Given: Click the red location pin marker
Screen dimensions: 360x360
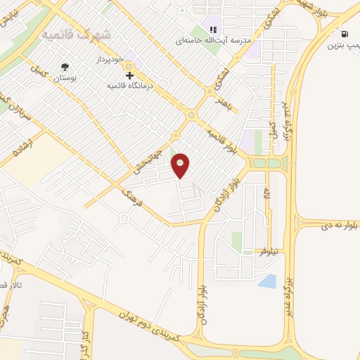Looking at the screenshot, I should [181, 165].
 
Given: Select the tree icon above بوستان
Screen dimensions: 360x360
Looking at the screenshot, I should [65, 67].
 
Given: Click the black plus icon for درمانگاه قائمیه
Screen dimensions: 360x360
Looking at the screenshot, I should [129, 75].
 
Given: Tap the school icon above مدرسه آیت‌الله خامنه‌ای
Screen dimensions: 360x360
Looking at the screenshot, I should [212, 30].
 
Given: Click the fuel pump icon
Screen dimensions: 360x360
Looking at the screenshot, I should [344, 34].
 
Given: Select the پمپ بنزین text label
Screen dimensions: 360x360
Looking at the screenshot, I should [343, 46].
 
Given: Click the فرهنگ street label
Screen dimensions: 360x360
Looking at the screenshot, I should [131, 198].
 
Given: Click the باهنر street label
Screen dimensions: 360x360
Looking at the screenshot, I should [223, 103].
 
